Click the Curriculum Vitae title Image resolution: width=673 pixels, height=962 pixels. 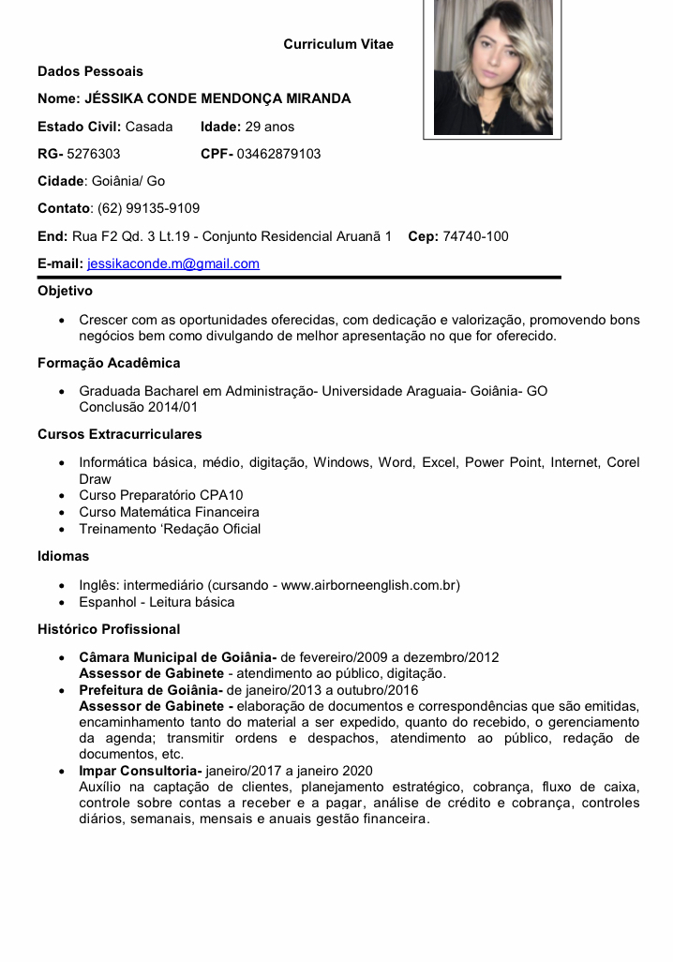coord(338,44)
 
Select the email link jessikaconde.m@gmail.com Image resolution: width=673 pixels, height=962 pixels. coord(173,263)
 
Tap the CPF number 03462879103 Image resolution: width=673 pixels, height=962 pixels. coord(278,154)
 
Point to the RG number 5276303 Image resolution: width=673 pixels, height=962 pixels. coord(94,154)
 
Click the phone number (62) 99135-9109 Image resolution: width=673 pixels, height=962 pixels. coord(148,208)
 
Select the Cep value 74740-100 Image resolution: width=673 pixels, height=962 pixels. coord(475,236)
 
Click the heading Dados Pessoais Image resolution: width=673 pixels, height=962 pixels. coord(90,71)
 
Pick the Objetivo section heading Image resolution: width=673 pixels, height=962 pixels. coord(65,291)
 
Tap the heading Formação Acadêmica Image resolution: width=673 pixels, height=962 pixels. coord(109,363)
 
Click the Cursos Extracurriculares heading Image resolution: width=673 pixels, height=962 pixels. coord(119,434)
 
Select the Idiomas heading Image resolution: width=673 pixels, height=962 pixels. coord(63,556)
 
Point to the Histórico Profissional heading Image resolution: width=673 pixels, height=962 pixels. coord(109,628)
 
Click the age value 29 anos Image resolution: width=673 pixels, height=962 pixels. coord(269,127)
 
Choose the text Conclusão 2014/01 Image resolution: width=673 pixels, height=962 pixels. coord(138,408)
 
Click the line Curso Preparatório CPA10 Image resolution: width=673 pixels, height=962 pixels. coord(161,495)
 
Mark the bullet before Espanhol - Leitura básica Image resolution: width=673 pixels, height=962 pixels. coord(61,603)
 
